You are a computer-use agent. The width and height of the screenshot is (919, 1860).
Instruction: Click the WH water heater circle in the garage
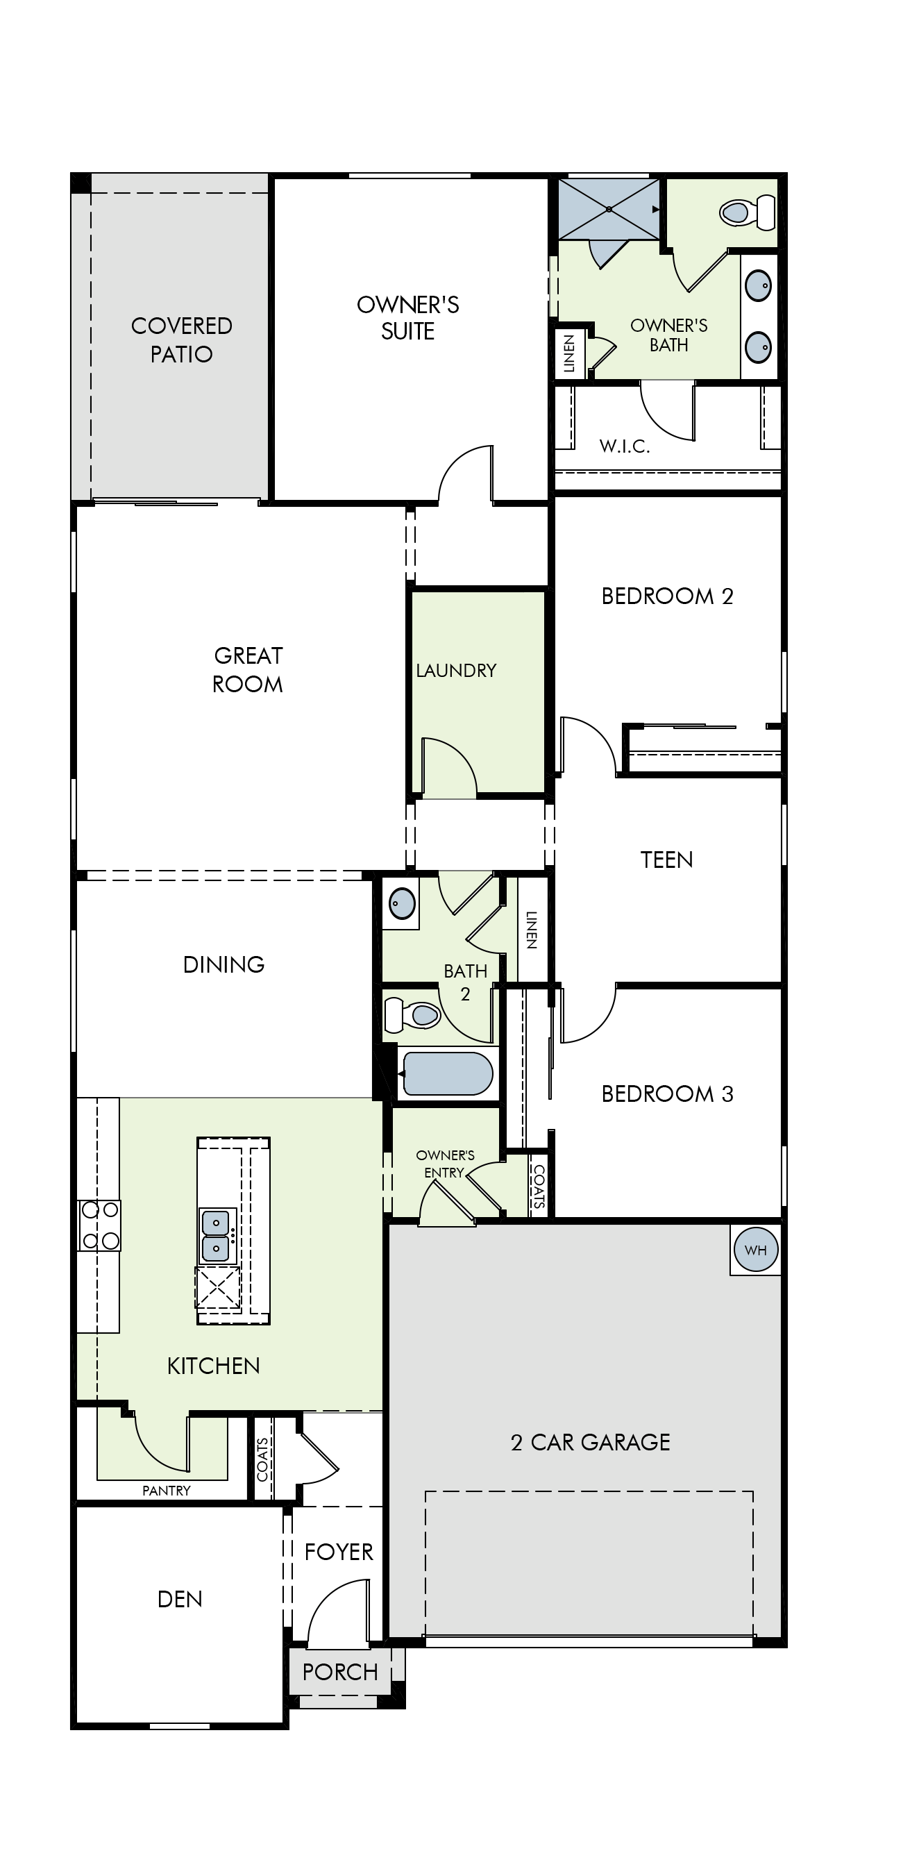coord(755,1250)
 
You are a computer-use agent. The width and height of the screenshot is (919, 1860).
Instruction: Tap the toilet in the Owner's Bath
coord(747,213)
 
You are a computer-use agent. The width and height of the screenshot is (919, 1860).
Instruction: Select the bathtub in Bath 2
coord(448,1073)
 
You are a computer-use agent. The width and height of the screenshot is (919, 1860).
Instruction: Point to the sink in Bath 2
coord(402,903)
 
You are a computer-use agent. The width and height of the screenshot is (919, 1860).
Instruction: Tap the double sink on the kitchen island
coord(216,1235)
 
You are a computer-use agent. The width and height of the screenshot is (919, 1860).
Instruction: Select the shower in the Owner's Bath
coord(609,210)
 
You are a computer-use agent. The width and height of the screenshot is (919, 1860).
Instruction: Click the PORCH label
coord(340,1672)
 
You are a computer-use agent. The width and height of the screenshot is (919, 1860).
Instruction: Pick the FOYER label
coord(339,1552)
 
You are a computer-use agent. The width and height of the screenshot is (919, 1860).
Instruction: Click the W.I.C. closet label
coord(625,446)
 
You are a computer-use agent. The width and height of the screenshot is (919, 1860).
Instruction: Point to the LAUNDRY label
coord(456,671)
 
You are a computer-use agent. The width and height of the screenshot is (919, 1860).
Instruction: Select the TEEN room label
coord(666,860)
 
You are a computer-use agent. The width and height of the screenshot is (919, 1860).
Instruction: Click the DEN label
coord(180,1600)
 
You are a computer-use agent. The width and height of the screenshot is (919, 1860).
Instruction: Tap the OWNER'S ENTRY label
coord(445,1164)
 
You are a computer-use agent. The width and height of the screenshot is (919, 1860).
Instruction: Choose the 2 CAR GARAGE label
coord(591,1442)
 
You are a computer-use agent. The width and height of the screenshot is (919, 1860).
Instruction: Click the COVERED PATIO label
coord(182,340)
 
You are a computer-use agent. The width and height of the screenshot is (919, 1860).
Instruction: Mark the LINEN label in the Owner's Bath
coord(569,354)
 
